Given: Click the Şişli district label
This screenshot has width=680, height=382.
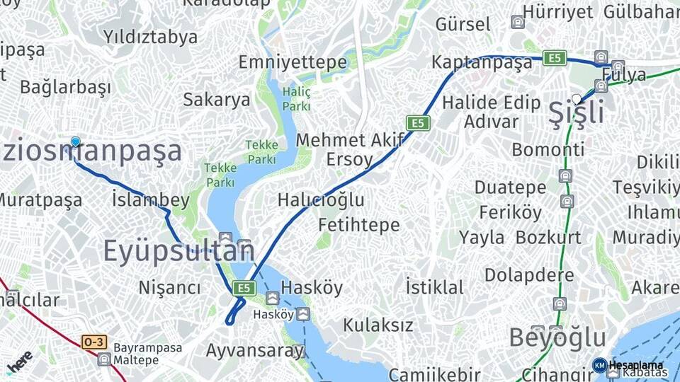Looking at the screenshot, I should point(577,113).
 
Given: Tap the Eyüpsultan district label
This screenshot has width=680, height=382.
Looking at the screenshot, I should point(178,251).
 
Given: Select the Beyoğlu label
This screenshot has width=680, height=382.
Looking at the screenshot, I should point(557,337).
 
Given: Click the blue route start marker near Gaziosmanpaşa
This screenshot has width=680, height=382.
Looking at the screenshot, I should point(75,141).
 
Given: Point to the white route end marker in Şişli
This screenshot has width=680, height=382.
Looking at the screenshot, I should point(577,99).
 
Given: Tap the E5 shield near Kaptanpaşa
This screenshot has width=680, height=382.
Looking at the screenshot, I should point(555,58).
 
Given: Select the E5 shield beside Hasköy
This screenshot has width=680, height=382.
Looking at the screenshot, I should point(244,288).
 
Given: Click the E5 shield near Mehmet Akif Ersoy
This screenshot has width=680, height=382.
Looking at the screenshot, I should point(418,123).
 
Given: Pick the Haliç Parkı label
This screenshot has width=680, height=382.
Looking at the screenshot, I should point(296,98).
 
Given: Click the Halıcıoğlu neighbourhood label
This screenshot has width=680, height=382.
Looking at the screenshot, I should point(321,199).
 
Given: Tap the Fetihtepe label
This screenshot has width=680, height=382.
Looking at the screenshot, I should point(359,225).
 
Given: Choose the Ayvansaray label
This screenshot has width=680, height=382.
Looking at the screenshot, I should point(255,350).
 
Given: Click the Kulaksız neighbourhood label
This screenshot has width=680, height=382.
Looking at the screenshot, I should point(378,325).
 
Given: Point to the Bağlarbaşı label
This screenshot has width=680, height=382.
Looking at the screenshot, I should point(65,88).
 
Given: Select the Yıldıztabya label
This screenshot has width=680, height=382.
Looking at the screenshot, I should point(150,37).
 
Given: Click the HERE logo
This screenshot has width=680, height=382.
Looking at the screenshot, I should point(19,360).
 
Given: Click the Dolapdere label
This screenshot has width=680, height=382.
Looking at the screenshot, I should point(529,274).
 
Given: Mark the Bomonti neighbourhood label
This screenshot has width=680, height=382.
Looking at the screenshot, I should point(548,149).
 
